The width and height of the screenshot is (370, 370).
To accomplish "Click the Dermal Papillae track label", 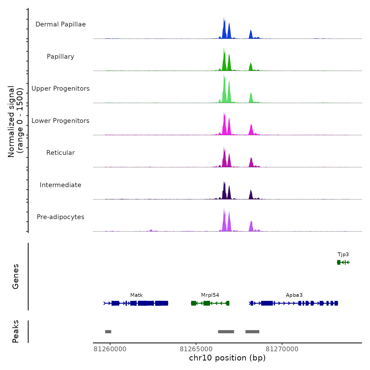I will pyautogui.click(x=61, y=24).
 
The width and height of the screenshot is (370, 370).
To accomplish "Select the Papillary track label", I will pyautogui.click(x=61, y=57).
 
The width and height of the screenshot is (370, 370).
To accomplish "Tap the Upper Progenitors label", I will pyautogui.click(x=61, y=89).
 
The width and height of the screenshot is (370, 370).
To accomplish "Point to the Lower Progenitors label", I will pyautogui.click(x=61, y=121).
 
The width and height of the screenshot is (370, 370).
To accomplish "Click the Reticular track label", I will pyautogui.click(x=61, y=153).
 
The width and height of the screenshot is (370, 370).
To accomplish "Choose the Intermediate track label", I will pyautogui.click(x=61, y=185).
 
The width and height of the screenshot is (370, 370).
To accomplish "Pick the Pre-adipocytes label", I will pyautogui.click(x=61, y=217).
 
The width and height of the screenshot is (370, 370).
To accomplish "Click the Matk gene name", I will pyautogui.click(x=136, y=295).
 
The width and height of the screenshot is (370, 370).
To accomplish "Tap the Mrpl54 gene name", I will pyautogui.click(x=210, y=295).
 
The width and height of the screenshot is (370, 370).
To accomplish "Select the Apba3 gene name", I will pyautogui.click(x=294, y=295).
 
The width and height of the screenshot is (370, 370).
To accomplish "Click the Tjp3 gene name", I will pyautogui.click(x=343, y=255).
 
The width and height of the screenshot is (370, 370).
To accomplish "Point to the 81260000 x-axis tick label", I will pyautogui.click(x=110, y=349).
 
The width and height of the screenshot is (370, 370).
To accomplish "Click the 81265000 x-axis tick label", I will pyautogui.click(x=196, y=349).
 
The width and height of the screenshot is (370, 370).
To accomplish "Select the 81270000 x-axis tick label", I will pyautogui.click(x=282, y=349).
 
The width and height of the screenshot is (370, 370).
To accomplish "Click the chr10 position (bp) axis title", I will pyautogui.click(x=227, y=358).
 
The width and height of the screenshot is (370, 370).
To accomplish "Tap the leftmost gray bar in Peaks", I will pyautogui.click(x=108, y=332).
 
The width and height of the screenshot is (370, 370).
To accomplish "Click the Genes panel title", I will pyautogui.click(x=16, y=276).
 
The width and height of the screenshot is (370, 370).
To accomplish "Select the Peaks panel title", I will pyautogui.click(x=16, y=331).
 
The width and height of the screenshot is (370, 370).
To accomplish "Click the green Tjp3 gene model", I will pyautogui.click(x=343, y=262).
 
